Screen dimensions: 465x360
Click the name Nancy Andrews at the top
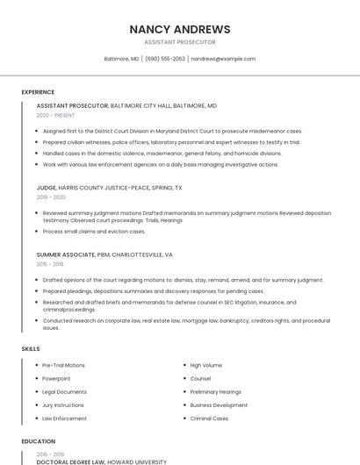point(179,29)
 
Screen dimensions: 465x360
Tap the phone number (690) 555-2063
point(165,59)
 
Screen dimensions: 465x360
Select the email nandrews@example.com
point(223,59)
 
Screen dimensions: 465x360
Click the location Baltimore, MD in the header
point(121,59)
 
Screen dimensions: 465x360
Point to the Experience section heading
point(38,91)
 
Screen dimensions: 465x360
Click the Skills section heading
point(31,349)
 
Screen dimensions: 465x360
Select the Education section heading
point(38,441)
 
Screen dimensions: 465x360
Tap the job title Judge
point(47,188)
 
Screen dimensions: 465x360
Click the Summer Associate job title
point(66,254)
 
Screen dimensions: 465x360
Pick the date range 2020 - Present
point(55,115)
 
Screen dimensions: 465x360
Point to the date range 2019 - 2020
point(51,197)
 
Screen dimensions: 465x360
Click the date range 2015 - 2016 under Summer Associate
point(50,264)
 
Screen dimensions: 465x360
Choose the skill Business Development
point(219,405)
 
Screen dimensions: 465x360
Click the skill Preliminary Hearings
point(216,391)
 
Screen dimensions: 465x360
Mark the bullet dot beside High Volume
point(184,365)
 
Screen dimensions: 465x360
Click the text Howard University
point(138,461)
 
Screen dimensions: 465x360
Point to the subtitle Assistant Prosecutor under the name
point(179,42)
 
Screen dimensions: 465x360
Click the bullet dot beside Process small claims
point(37,232)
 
